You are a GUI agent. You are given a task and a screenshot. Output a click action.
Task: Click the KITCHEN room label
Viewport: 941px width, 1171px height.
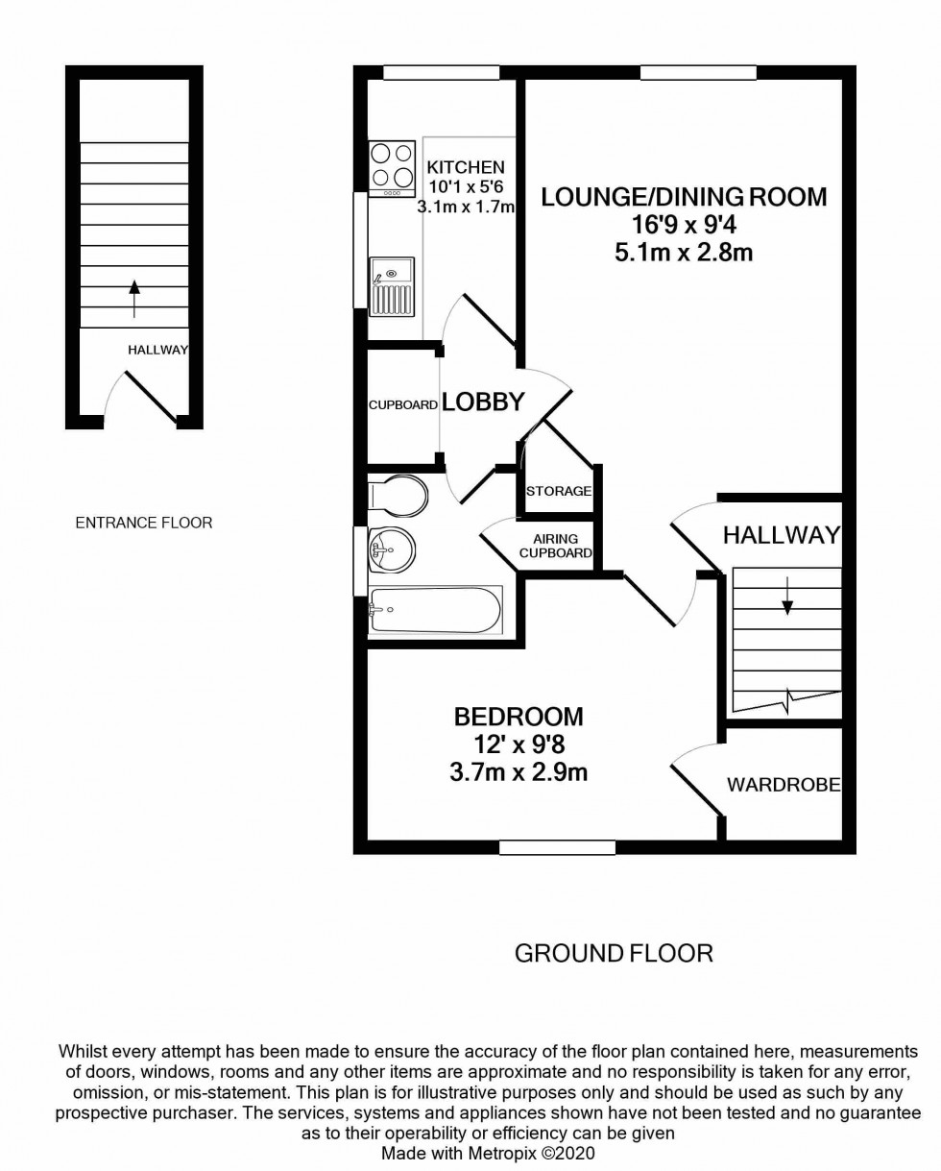466,167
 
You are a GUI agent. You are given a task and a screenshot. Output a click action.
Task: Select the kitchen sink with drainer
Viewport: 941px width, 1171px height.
392,286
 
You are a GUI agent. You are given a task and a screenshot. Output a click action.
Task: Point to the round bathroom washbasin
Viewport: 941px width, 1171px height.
392,550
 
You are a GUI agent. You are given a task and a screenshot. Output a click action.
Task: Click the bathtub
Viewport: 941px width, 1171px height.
434,610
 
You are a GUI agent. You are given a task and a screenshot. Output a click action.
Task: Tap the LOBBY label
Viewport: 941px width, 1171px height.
483,403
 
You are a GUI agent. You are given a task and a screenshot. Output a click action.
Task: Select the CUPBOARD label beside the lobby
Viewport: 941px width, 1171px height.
403,405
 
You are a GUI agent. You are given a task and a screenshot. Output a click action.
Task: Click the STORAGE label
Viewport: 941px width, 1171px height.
559,491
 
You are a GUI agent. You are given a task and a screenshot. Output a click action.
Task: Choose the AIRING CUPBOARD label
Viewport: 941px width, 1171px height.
555,546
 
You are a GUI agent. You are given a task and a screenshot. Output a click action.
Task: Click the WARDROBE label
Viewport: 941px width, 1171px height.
784,785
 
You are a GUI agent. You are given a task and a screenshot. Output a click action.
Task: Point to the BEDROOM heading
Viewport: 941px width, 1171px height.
519,717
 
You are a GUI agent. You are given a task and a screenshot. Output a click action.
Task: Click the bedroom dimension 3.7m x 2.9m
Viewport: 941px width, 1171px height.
519,771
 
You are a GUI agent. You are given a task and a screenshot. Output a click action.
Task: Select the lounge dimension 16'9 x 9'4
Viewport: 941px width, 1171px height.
683,227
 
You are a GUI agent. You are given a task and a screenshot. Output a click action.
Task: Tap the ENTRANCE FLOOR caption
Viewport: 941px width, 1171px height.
144,523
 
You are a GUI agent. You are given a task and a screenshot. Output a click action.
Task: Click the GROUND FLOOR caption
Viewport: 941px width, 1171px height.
614,953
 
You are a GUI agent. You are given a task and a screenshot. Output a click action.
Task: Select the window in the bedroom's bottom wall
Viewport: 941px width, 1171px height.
557,846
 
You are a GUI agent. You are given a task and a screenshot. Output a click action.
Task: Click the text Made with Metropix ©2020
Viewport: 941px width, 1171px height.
489,1152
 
